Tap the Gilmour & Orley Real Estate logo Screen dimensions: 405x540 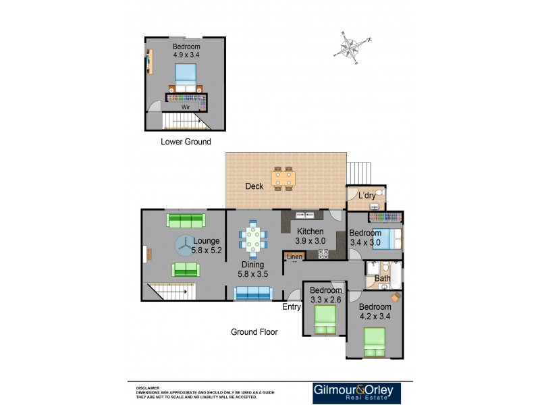pos(356,393)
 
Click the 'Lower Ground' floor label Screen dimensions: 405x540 pos(186,142)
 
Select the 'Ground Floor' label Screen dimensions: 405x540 pos(254,331)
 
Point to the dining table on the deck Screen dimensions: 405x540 pos(283,179)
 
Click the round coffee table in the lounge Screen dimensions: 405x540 pos(185,246)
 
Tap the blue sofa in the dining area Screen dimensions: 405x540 pos(253,294)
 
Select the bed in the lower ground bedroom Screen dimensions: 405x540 pos(185,77)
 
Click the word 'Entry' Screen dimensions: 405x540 pos(292,307)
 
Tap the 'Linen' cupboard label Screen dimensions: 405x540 pos(294,256)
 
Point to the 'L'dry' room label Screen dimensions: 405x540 pos(367,196)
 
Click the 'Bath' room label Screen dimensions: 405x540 pos(382,278)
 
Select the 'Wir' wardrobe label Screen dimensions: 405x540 pos(184,107)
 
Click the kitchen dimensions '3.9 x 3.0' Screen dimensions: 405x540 pos(310,241)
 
